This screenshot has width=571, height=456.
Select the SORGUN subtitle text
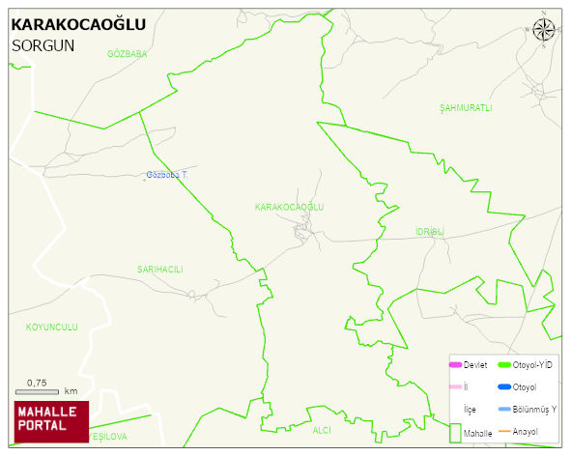(43, 45)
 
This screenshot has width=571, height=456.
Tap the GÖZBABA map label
(128, 54)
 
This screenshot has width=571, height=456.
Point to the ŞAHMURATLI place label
(466, 106)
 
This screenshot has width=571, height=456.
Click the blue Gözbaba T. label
(166, 175)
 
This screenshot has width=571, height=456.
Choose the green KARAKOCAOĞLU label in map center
(289, 208)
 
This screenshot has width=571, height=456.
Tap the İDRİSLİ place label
(429, 232)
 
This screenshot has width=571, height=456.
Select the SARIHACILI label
(159, 270)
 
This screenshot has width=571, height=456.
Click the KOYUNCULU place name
(51, 328)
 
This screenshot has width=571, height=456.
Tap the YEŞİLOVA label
(107, 437)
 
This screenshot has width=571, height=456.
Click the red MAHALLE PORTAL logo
(51, 421)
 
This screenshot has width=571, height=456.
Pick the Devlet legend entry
(468, 364)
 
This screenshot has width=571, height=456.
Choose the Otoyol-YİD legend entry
(523, 364)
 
